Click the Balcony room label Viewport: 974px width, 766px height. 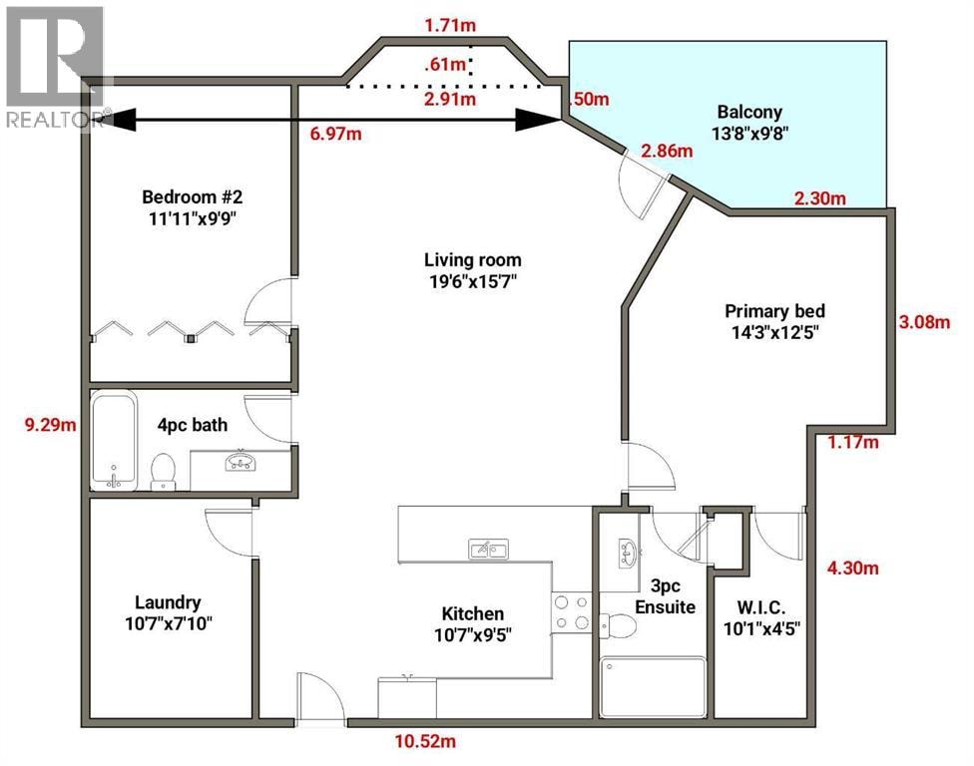pos(749,113)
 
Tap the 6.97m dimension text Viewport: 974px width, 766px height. pos(335,134)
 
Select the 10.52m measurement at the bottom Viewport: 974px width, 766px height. pos(425,741)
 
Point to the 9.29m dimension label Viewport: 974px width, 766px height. pos(50,425)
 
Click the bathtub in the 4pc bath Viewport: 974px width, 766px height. pos(114,440)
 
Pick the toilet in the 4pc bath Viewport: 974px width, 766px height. pos(164,472)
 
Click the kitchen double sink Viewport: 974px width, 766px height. pos(488,550)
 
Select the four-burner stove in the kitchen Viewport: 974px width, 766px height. pos(572,612)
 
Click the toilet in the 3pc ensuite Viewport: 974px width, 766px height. pos(617,625)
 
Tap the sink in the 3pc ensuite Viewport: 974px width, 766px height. pos(626,551)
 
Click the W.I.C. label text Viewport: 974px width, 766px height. pos(761,607)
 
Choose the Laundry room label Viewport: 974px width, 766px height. pos(168,602)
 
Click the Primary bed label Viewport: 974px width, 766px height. pos(774,311)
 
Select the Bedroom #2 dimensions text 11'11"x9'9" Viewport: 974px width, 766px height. pos(193,218)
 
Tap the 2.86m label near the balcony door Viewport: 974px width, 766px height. pos(667,151)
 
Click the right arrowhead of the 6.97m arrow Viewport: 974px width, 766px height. pos(538,120)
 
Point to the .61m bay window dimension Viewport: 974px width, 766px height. pos(445,64)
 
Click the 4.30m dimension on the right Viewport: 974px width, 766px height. pos(853,568)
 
